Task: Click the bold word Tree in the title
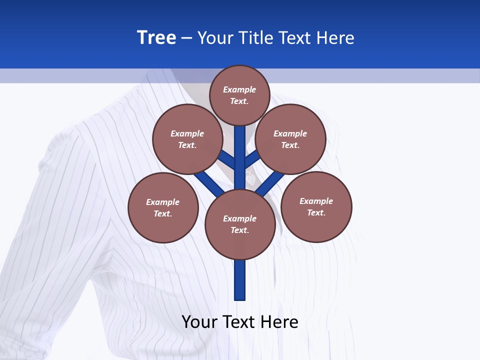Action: (156, 38)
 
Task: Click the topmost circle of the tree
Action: (239, 95)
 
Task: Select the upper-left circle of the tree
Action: (187, 139)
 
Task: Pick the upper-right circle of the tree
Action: (290, 139)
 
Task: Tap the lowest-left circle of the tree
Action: (163, 207)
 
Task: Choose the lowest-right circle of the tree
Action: (316, 206)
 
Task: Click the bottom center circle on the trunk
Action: (240, 224)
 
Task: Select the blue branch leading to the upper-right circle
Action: (252, 159)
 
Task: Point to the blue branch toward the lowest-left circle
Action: (209, 182)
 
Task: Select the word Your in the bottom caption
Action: (199, 322)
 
